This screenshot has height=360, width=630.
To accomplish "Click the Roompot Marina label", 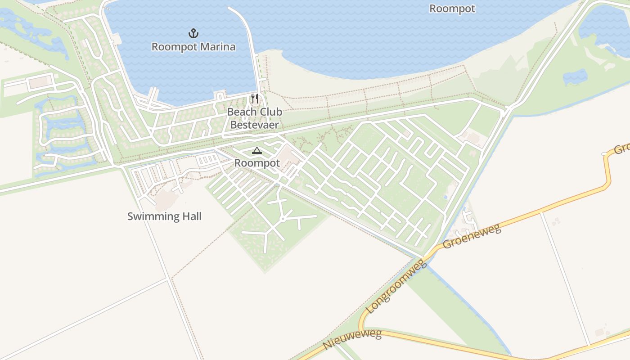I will click(x=193, y=47).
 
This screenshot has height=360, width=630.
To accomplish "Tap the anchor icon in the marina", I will click(x=193, y=33).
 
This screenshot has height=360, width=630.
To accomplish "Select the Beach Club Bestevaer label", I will click(x=255, y=118).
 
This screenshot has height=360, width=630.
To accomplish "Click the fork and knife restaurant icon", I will click(x=255, y=99).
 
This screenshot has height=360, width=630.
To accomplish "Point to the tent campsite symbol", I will click(x=257, y=150).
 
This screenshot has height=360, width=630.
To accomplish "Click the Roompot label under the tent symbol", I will click(x=257, y=163).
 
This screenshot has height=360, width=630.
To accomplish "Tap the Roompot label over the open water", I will click(x=452, y=9).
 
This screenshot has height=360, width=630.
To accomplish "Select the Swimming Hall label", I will click(x=164, y=216).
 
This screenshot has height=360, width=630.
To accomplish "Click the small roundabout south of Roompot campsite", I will click(x=283, y=219).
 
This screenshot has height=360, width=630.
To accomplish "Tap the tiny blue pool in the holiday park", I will click(x=445, y=197).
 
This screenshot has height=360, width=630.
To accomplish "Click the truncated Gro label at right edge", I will click(x=621, y=148).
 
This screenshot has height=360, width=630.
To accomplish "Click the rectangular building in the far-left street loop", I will click(x=39, y=82).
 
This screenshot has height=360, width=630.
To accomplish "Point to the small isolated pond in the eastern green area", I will click(x=575, y=77).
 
